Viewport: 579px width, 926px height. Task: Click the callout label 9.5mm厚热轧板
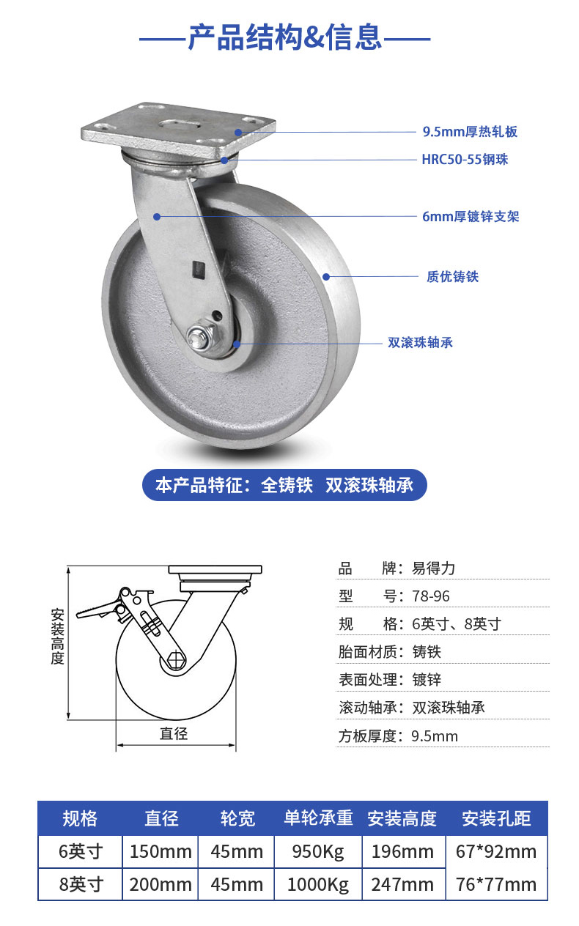(x=470, y=132)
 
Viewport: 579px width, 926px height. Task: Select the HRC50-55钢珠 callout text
(x=465, y=159)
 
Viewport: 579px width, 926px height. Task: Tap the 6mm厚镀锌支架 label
(x=471, y=217)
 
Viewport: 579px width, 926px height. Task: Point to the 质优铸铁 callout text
(x=452, y=277)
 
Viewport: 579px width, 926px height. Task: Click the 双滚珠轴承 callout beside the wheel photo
(x=420, y=342)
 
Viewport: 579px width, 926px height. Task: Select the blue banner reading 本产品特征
(x=284, y=485)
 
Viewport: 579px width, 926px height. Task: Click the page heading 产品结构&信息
(x=284, y=36)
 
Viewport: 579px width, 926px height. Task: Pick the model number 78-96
(x=431, y=596)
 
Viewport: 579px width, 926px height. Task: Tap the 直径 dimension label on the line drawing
(x=174, y=733)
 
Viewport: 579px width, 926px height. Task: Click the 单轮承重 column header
(x=318, y=818)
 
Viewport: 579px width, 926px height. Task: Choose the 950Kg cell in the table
(x=318, y=852)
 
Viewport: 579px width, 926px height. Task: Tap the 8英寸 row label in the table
(x=80, y=884)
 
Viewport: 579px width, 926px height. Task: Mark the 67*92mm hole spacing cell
(x=496, y=852)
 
